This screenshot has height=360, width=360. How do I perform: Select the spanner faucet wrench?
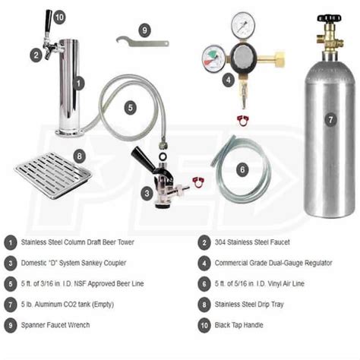141,42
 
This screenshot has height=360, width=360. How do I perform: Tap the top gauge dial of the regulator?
242,23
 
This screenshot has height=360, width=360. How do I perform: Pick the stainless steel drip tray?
53,175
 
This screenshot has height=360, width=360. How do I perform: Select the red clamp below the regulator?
243,119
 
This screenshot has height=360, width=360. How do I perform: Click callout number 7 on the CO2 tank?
330,119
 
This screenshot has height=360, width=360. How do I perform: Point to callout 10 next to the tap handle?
60,17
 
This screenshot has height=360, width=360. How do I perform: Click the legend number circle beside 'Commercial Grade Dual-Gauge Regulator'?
204,263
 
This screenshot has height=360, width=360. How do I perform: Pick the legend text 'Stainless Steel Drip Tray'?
251,305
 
